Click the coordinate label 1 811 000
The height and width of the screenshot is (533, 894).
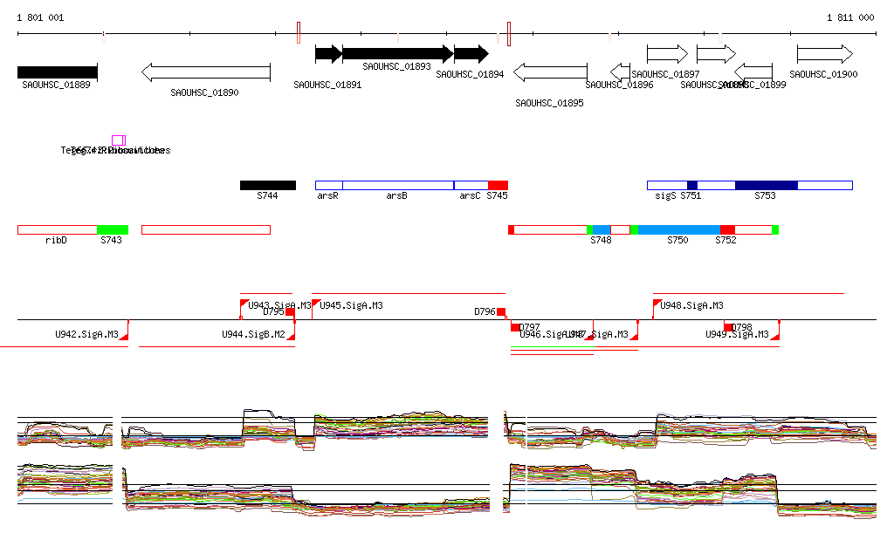pos(850,17)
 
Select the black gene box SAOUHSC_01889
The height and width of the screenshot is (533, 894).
pos(58,72)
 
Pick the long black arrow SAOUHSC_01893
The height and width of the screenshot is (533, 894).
pos(397,53)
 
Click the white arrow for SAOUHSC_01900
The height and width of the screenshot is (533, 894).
pos(825,53)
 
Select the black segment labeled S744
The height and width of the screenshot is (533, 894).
pos(268,185)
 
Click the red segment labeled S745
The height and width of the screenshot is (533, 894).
pos(498,185)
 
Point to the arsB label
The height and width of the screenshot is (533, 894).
pos(396,196)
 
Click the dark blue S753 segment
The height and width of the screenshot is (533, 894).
pos(766,185)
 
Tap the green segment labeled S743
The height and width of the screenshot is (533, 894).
pos(113,229)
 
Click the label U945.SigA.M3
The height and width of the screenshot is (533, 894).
pos(351,306)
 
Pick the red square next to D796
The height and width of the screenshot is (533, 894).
pos(501,311)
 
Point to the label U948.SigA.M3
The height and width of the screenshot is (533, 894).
pos(691,306)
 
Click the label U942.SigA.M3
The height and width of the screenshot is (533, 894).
pos(86,334)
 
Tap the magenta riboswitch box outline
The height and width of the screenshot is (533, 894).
pos(118,140)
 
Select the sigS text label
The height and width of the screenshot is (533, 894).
pos(665,196)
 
